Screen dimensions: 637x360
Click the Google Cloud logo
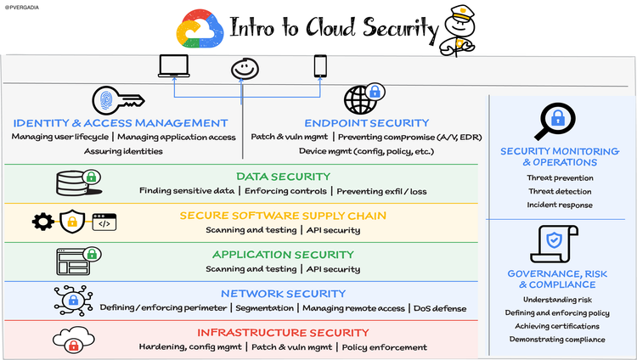pyautogui.click(x=200, y=28)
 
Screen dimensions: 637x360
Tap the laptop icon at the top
pyautogui.click(x=174, y=66)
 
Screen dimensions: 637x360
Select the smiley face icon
pyautogui.click(x=245, y=69)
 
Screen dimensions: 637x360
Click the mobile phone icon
pyautogui.click(x=320, y=66)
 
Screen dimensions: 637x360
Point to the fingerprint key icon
pyautogui.click(x=118, y=100)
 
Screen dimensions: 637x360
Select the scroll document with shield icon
pyautogui.click(x=554, y=244)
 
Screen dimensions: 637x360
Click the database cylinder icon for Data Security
pyautogui.click(x=79, y=183)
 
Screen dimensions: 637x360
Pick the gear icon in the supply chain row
pyautogui.click(x=42, y=222)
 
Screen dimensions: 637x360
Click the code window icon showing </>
pyautogui.click(x=104, y=222)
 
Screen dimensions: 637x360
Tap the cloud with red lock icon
pyautogui.click(x=74, y=340)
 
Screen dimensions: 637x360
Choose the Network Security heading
pyautogui.click(x=283, y=294)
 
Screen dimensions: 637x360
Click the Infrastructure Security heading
pyautogui.click(x=283, y=333)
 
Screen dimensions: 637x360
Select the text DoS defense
pyautogui.click(x=440, y=308)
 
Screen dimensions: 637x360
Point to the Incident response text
pyautogui.click(x=560, y=205)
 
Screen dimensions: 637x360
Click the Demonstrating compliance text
pyautogui.click(x=557, y=340)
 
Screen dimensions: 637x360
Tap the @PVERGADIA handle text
pyautogui.click(x=22, y=8)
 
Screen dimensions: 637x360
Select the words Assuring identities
pyautogui.click(x=123, y=151)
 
